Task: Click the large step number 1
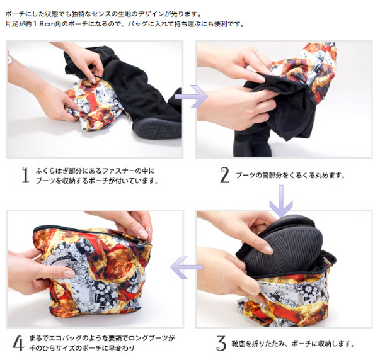(x=25, y=175)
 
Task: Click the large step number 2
(x=224, y=175)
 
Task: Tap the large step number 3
(x=221, y=343)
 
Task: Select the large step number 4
(x=19, y=343)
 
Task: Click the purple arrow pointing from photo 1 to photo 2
(x=191, y=96)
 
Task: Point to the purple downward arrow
(x=281, y=201)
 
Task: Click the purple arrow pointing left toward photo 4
(x=187, y=267)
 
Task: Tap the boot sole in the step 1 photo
(x=158, y=128)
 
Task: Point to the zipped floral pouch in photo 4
(x=92, y=269)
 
